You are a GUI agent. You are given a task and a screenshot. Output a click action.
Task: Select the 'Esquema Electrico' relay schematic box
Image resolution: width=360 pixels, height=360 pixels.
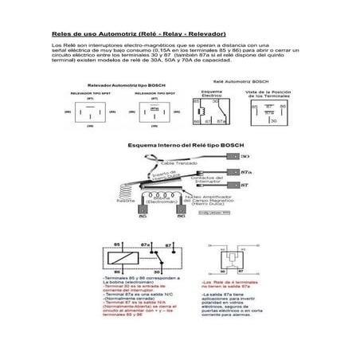[211, 115]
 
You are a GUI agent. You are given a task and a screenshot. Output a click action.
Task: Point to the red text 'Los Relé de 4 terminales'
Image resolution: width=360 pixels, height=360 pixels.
[230, 283]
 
